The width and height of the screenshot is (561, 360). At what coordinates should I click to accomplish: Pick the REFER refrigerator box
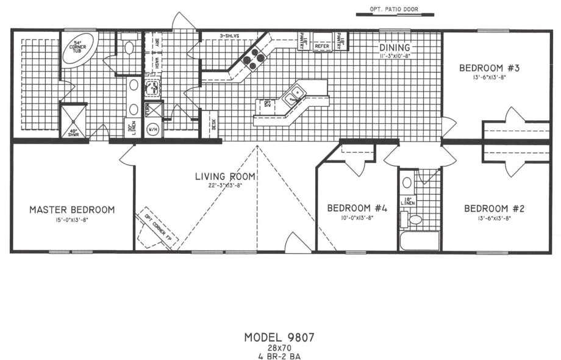tap(322, 45)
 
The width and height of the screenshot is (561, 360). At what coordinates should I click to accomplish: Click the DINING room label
tap(395, 48)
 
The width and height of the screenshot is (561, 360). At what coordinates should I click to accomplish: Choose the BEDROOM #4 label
tap(357, 208)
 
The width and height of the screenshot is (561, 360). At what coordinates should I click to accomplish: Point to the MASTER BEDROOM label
tap(72, 210)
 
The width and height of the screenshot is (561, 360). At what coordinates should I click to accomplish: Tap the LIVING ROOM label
tap(225, 177)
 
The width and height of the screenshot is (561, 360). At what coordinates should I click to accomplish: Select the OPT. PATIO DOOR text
tap(396, 9)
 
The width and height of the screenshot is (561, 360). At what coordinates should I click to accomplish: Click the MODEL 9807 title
tap(280, 336)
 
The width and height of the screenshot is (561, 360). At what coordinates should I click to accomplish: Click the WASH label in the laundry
tap(157, 63)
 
